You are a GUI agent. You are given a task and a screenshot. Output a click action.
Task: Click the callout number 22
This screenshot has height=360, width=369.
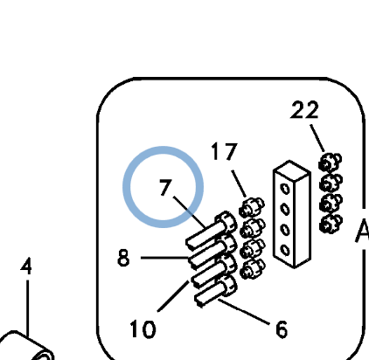pyautogui.click(x=304, y=110)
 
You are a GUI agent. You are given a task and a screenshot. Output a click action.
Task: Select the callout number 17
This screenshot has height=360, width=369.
pyautogui.click(x=224, y=151)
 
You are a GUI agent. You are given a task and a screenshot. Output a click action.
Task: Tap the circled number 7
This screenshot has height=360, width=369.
pyautogui.click(x=165, y=187)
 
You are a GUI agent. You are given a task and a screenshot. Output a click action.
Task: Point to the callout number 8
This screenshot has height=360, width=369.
pyautogui.click(x=123, y=258)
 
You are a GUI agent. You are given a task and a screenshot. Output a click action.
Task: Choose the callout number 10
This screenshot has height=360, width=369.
pyautogui.click(x=143, y=329)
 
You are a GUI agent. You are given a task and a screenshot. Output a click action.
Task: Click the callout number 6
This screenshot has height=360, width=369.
pyautogui.click(x=282, y=329)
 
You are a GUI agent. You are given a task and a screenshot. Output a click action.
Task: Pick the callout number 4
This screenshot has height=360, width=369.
pyautogui.click(x=26, y=267)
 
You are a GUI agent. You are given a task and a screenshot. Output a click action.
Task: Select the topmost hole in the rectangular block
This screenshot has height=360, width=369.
pyautogui.click(x=285, y=189)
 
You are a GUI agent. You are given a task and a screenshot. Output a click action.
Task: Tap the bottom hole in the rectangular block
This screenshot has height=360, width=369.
pyautogui.click(x=285, y=250)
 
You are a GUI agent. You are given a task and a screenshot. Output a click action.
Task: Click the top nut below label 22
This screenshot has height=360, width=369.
pyautogui.click(x=330, y=162)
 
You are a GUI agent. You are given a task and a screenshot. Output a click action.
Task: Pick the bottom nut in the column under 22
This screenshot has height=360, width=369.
pyautogui.click(x=331, y=224)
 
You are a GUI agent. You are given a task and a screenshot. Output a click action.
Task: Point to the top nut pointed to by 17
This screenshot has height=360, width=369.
pyautogui.click(x=251, y=207)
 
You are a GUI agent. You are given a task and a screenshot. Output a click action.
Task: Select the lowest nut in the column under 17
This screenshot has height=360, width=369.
pyautogui.click(x=252, y=269)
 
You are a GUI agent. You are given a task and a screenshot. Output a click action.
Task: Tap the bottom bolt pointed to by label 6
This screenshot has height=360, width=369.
pyautogui.click(x=216, y=292)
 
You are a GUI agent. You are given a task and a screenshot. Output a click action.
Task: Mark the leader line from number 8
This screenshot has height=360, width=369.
pyautogui.click(x=164, y=258)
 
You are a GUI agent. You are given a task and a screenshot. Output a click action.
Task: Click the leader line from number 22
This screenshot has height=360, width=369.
pyautogui.click(x=317, y=138)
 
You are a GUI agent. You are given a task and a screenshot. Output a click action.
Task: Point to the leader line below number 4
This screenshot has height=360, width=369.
pyautogui.click(x=27, y=308)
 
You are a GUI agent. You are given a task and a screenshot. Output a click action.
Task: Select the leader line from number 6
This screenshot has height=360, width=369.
pyautogui.click(x=243, y=312)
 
